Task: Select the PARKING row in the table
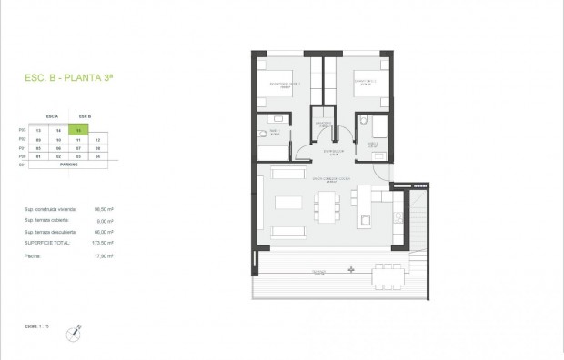69,165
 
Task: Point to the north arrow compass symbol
71,335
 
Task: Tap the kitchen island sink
365,218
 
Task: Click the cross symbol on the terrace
352,268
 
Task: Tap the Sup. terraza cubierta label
45,220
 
